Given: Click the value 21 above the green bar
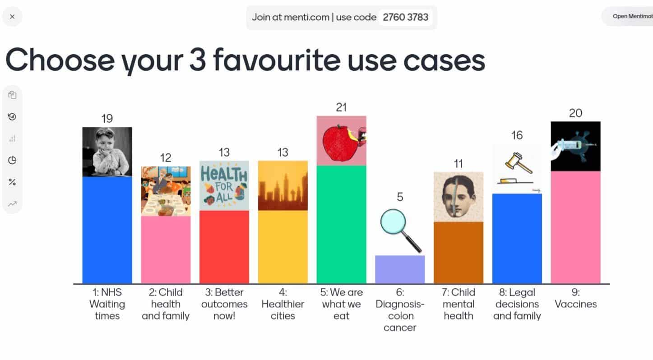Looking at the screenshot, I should (341, 107).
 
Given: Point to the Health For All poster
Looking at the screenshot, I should (224, 185).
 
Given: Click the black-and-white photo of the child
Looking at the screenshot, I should (107, 152).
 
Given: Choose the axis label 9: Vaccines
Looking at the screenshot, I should (575, 298).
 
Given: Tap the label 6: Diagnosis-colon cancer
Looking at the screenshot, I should (400, 310).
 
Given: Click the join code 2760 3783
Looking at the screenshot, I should (405, 18).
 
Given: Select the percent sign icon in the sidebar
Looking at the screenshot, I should (12, 182).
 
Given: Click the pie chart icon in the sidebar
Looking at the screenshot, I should (12, 161).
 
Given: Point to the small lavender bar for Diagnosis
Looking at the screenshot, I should (400, 269).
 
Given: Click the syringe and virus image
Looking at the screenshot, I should (575, 146).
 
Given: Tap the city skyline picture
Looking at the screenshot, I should (283, 185).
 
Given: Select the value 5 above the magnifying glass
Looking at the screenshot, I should (400, 197).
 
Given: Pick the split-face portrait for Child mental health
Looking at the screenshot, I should (458, 197).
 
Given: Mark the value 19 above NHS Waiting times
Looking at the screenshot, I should (107, 119).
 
